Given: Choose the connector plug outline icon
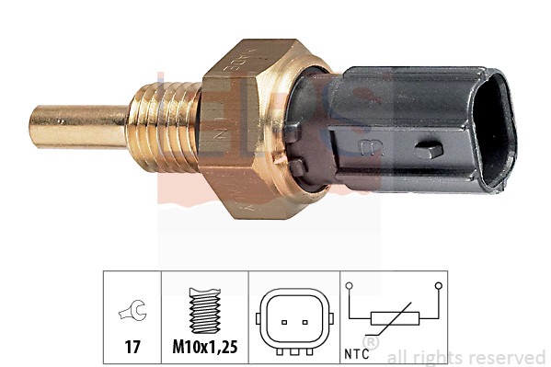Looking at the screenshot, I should (293, 320).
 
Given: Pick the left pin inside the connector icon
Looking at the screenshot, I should (282, 321).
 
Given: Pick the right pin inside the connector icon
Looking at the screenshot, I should (303, 321).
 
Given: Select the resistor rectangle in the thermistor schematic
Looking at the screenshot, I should (394, 320).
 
